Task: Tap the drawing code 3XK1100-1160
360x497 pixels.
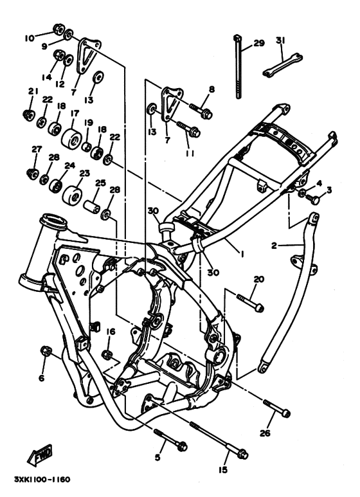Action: (42, 479)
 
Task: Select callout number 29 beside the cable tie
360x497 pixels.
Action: (259, 43)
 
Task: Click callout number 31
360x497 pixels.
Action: (280, 41)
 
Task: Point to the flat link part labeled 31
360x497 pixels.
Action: (282, 66)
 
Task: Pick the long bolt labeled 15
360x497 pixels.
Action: (219, 439)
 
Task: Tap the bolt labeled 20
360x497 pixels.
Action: (250, 303)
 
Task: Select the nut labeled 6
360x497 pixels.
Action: (46, 350)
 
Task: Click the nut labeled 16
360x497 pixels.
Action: (107, 354)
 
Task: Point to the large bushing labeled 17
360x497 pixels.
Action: (71, 138)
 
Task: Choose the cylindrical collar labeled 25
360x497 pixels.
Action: (91, 206)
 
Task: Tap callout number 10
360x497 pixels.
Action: (30, 39)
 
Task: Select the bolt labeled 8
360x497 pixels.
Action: (201, 111)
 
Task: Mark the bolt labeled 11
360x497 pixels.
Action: (188, 129)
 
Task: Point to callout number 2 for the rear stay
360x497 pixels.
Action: (274, 246)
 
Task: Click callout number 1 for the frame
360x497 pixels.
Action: (242, 254)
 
